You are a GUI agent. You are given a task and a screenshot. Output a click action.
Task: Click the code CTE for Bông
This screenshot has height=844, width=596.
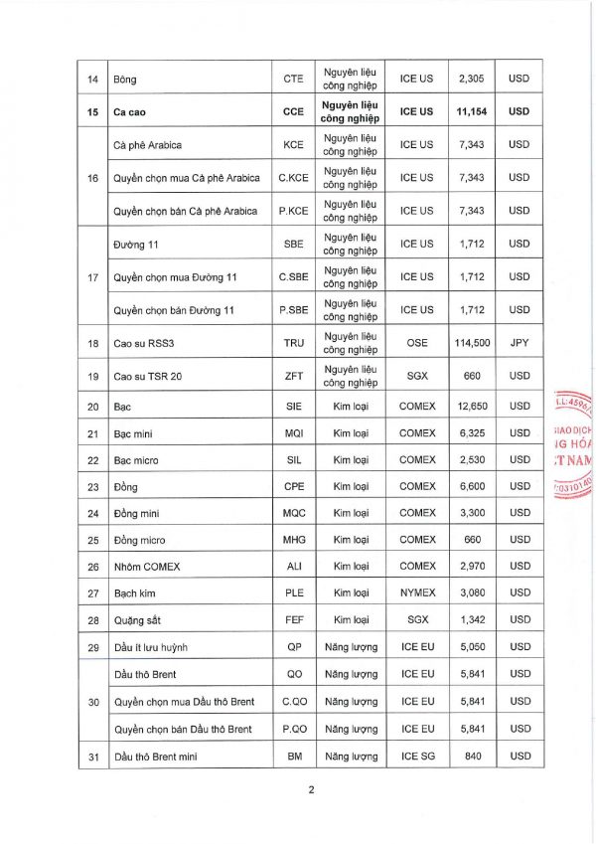293,79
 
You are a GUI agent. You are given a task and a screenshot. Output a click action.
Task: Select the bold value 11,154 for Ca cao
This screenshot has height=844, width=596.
465,112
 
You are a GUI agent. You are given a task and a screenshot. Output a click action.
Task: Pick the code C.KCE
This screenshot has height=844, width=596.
293,178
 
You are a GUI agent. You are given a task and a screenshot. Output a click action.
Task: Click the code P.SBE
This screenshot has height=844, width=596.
293,310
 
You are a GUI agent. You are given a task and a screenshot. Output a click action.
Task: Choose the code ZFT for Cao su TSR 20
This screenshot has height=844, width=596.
293,377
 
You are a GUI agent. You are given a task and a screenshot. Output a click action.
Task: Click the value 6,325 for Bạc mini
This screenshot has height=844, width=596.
465,433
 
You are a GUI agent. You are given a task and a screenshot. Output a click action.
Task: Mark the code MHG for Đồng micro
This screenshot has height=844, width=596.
293,541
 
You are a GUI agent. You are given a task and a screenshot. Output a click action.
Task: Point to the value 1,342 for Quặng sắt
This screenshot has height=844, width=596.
465,621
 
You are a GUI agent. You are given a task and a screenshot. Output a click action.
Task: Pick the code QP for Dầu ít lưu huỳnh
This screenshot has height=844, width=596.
293,648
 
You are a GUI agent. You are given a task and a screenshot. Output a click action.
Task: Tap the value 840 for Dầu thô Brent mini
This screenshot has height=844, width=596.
465,757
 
